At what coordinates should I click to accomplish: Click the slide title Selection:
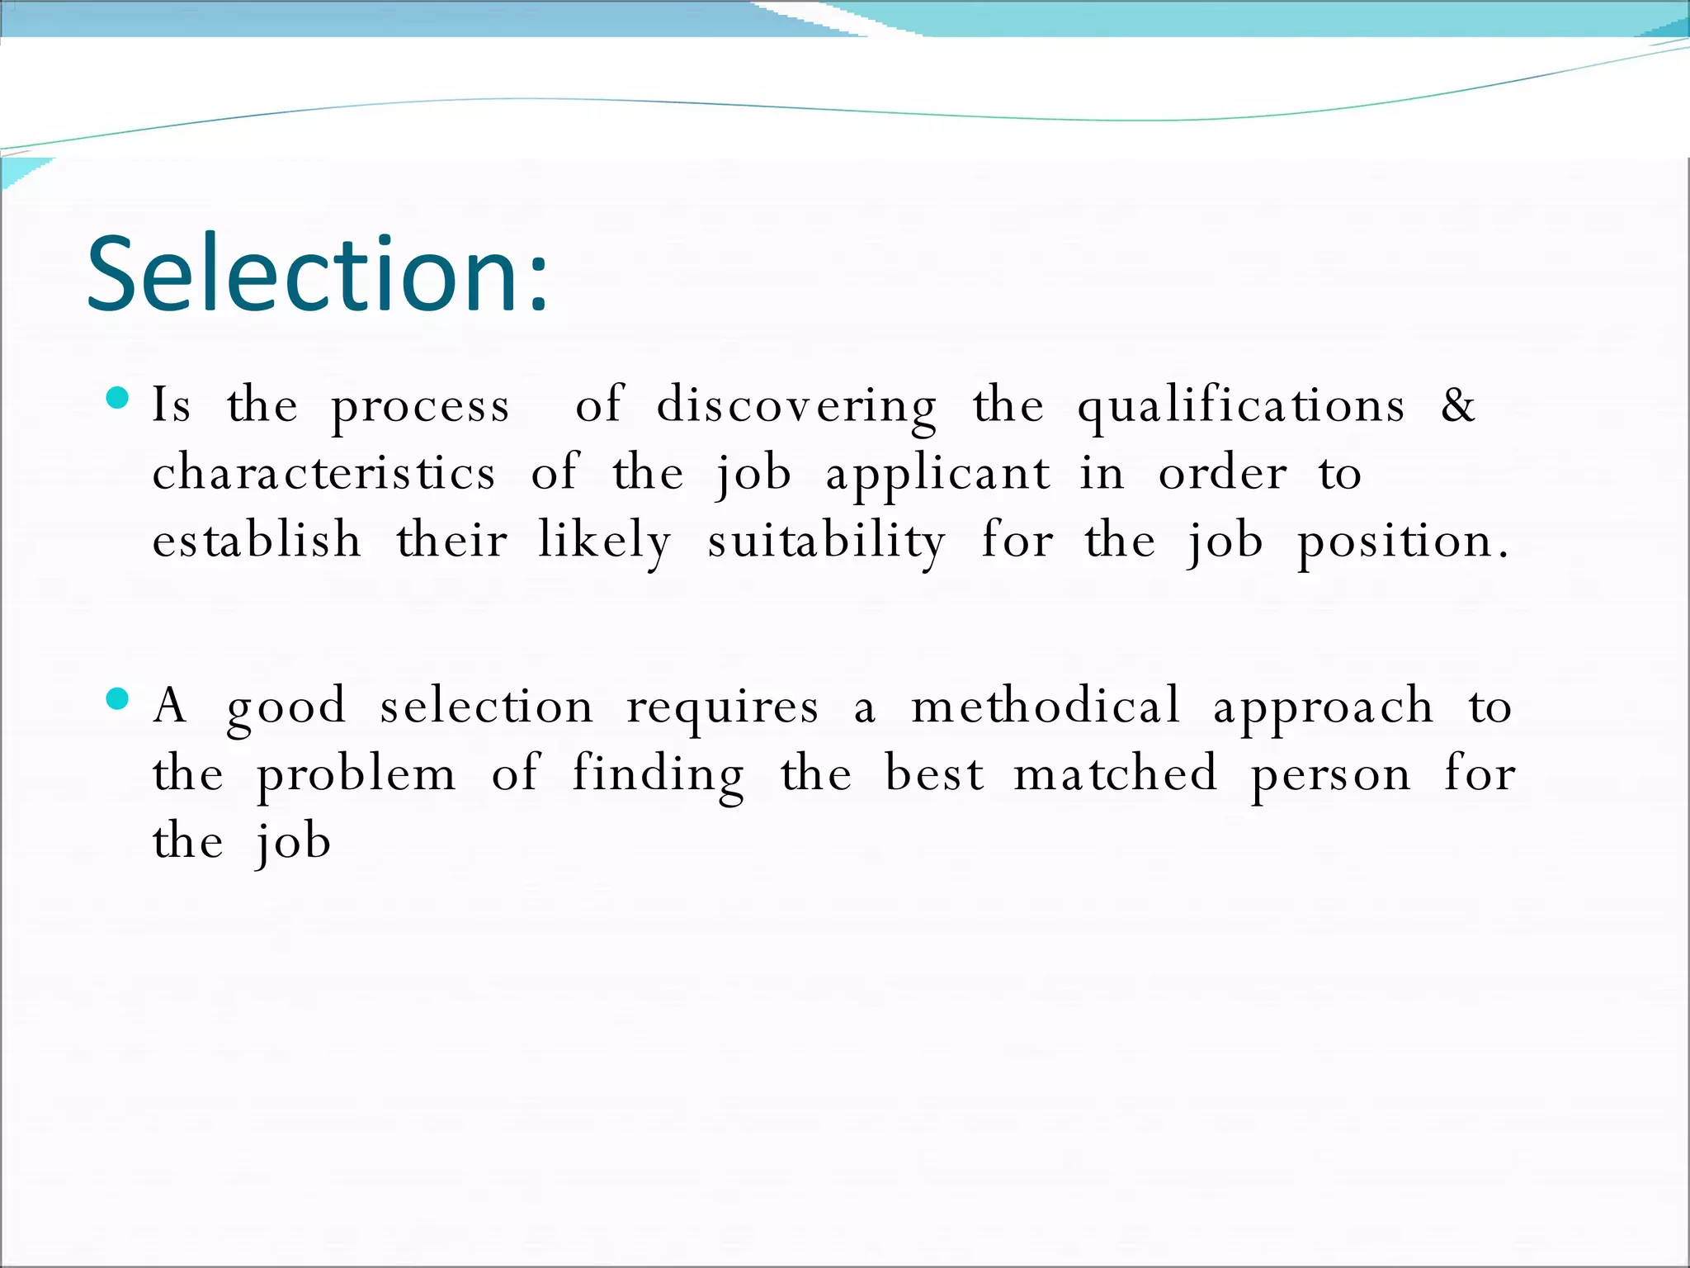click(x=317, y=274)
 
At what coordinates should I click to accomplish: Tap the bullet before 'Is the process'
click(x=118, y=399)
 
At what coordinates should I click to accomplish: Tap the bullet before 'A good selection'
click(x=118, y=699)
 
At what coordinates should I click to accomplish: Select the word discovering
click(x=796, y=406)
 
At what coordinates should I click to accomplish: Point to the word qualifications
click(x=1240, y=406)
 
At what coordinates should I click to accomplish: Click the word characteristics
click(x=324, y=474)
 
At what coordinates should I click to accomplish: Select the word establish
click(x=257, y=541)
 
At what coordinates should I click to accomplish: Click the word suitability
click(x=826, y=542)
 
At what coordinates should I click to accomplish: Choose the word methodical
click(x=1045, y=707)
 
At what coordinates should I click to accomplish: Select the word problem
click(x=356, y=775)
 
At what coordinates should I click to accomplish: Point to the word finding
click(x=658, y=775)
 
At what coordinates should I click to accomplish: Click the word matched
click(x=1115, y=774)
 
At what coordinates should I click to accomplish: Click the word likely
click(x=605, y=542)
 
